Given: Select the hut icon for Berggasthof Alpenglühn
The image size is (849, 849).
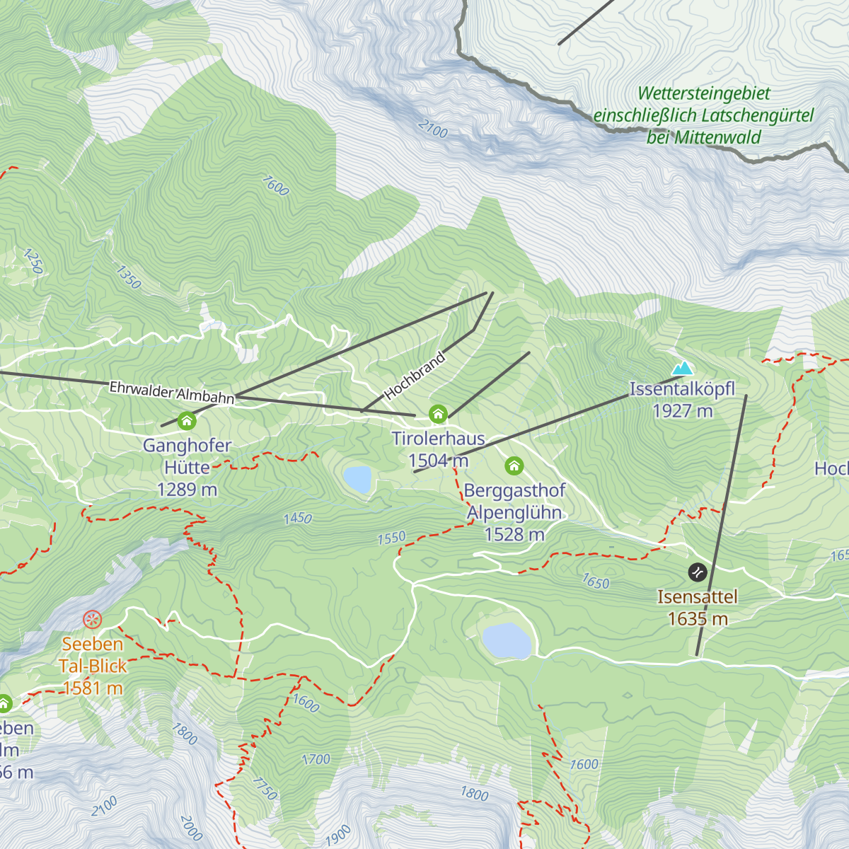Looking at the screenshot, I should coord(514,466).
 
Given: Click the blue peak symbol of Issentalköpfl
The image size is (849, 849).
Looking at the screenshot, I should coord(682,368).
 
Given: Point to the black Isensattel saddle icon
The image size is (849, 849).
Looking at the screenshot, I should coord(698,572).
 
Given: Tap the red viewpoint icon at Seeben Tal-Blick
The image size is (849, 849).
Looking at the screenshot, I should coord(93,620).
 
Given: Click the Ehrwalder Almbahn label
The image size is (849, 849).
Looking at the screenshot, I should coord(171,393).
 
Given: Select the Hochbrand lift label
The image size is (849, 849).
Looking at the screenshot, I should coord(415,375).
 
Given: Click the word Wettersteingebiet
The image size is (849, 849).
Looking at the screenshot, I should coord(703,93).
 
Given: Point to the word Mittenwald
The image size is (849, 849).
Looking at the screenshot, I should coord(717,137).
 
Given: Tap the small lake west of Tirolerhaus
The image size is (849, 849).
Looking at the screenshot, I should coord(357,479).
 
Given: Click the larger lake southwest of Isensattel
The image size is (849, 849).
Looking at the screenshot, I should coord(507,641).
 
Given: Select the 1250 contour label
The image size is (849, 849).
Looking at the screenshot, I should coord(33,261).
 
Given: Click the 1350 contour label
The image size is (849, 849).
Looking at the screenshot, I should coord(129,277).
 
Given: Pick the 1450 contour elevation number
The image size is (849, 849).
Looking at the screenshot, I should coord(297,519).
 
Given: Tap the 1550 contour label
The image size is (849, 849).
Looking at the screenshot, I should coord(391,538).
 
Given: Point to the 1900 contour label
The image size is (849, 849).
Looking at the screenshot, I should coord(339,834).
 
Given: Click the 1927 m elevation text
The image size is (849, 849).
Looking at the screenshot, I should coord(682,411).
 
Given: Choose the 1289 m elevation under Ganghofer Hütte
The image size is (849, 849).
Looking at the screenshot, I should coord(187,490).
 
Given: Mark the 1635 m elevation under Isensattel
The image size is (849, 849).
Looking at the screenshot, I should coord(698,619).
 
